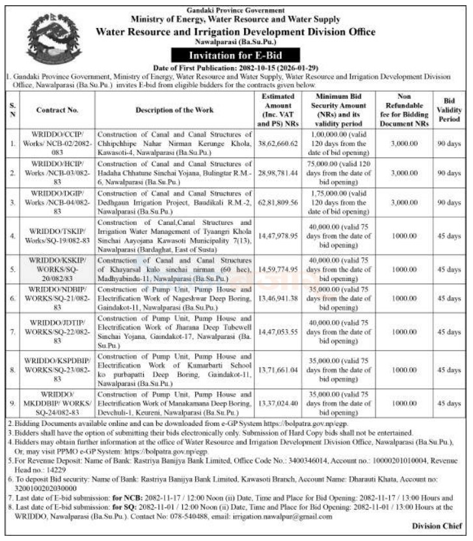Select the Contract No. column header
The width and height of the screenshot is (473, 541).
point(57,110)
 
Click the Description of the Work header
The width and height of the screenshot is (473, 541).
point(174,110)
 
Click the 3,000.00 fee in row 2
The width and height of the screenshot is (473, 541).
point(396,174)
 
